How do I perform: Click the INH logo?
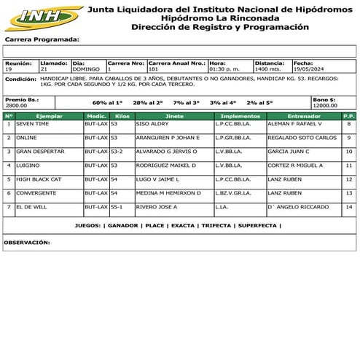pyautogui.click(x=43, y=16)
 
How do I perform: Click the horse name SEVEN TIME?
pyautogui.click(x=32, y=124)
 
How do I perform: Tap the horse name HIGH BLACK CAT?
pyautogui.click(x=39, y=179)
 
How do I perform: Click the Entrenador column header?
pyautogui.click(x=303, y=115)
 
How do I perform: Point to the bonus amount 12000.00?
pyautogui.click(x=325, y=106)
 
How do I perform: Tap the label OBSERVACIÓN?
pyautogui.click(x=27, y=241)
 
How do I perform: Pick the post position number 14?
pyautogui.click(x=349, y=206)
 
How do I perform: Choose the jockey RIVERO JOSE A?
pyautogui.click(x=157, y=206)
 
